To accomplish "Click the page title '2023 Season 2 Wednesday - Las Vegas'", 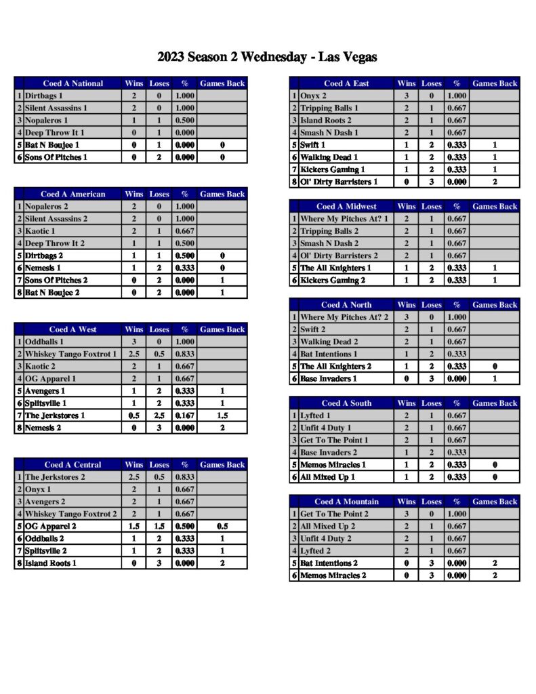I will tap(267, 57).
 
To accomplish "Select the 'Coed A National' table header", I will tap(73, 83).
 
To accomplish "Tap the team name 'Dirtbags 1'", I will tap(44, 96).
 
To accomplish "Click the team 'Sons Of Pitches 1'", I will tap(57, 157).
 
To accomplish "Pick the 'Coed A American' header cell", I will tap(73, 195).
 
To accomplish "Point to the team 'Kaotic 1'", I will tap(40, 231).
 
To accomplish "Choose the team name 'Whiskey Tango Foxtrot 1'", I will tap(70, 354).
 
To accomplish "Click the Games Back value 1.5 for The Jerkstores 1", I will tap(222, 415).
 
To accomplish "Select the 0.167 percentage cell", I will tap(184, 415).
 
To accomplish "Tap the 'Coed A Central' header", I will tap(73, 465).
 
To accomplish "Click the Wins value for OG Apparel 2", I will tap(134, 526).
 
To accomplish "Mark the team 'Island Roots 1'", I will tap(51, 563).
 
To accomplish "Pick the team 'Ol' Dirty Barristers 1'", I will tap(339, 182).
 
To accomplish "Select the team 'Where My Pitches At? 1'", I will tap(344, 219).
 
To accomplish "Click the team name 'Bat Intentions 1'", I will tap(329, 354).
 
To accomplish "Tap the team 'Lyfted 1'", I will tap(316, 415).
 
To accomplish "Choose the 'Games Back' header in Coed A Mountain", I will tap(495, 502).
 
